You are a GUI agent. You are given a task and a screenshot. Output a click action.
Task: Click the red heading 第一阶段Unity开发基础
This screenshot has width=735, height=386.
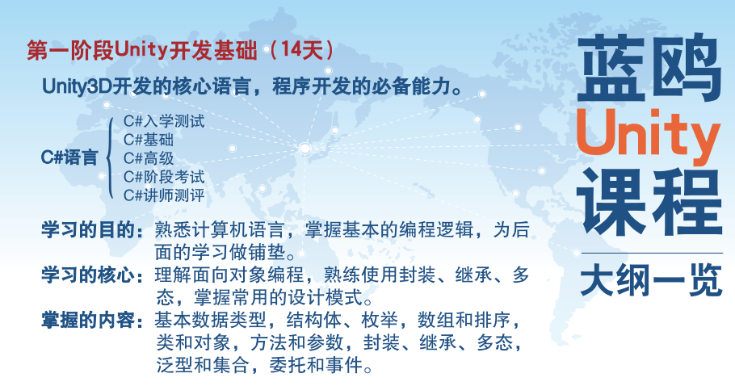pos(142,49)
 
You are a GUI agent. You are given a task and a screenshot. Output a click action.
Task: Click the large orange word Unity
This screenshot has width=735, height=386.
pos(649,136)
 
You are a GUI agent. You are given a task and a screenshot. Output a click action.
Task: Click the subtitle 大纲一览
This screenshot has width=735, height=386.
pos(651,281)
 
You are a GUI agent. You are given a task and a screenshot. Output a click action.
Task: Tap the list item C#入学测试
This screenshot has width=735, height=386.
pos(164,121)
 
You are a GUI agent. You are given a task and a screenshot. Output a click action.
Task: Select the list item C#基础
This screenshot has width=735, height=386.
pos(149,140)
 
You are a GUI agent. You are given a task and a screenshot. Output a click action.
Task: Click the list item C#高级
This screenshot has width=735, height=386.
pos(149,158)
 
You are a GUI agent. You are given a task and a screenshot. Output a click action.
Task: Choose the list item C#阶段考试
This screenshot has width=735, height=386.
pos(164,177)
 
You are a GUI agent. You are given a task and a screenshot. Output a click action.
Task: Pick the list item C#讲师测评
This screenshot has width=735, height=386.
pos(164,195)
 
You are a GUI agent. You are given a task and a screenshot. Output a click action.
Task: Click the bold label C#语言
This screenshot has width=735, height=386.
pos(69,157)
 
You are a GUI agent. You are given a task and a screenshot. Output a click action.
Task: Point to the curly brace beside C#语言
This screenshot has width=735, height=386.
pos(109,157)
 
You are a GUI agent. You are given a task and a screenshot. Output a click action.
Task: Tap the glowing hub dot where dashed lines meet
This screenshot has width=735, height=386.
pos(305,149)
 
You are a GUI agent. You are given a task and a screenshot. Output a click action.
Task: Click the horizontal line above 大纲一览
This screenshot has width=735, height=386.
pos(652,253)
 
